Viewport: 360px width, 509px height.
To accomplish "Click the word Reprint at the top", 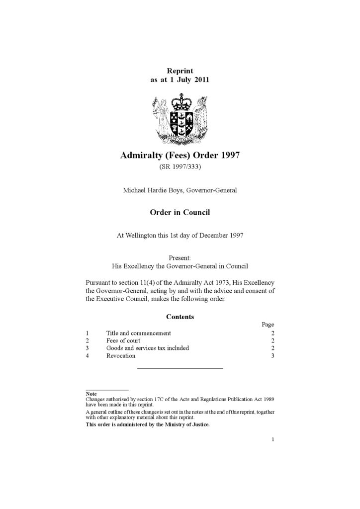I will (180, 71).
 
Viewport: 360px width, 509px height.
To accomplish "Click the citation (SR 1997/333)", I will (180, 167).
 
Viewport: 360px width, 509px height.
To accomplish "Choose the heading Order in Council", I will (180, 213).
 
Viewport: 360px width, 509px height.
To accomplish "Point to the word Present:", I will (180, 258).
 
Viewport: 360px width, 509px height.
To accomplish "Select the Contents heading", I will (180, 317).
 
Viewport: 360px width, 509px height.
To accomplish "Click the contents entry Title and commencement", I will (138, 333).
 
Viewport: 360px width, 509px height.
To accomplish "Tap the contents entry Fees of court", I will (123, 340).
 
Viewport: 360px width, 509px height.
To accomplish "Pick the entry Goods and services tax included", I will (147, 348).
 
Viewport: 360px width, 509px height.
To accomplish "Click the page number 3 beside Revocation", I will (272, 356).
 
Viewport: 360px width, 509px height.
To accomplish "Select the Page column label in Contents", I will (268, 325).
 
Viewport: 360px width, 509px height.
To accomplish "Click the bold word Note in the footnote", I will (91, 394).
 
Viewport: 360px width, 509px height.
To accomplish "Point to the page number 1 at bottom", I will (273, 439).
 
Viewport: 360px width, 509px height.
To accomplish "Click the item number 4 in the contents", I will (87, 356).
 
